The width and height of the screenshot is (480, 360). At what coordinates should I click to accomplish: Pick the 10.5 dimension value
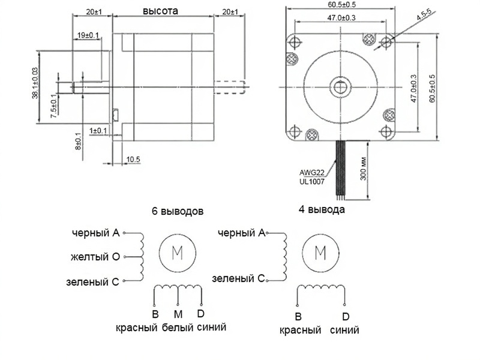pos(133,160)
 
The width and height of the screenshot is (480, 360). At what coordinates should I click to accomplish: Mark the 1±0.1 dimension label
pos(98,130)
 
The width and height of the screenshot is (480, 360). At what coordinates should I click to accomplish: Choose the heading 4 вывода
pos(322,210)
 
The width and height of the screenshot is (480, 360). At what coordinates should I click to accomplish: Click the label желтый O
pos(94,257)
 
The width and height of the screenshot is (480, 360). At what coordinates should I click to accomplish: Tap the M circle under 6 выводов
pos(178,253)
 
